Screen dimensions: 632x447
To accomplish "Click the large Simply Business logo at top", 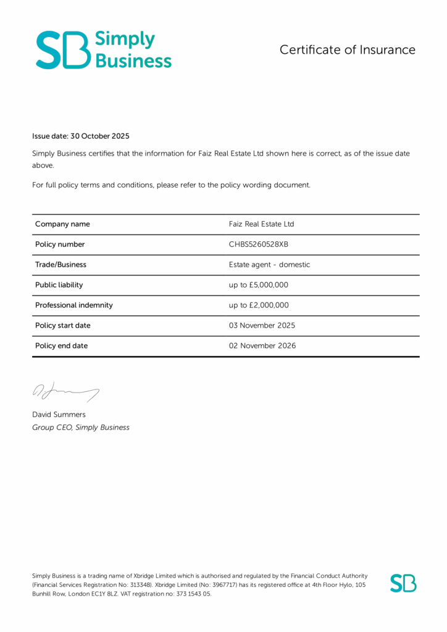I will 104,49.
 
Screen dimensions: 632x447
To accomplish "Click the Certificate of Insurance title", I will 347,50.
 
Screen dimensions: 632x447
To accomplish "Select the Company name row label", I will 62,224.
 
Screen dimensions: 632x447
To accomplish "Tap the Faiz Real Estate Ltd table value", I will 261,224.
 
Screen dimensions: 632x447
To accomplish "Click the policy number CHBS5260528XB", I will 258,244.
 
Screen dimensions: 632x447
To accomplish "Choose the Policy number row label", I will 60,244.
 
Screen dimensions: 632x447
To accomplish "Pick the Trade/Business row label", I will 61,265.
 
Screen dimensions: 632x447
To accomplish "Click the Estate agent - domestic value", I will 269,265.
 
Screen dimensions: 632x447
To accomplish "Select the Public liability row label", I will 59,285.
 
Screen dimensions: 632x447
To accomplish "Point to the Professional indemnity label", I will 74,306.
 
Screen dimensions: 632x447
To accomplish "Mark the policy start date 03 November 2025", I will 262,326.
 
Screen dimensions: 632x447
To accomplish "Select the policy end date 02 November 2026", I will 262,346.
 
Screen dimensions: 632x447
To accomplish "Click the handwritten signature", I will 65,391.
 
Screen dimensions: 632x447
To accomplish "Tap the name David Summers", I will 59,415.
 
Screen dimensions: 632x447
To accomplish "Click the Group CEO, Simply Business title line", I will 81,427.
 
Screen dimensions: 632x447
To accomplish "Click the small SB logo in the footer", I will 403,583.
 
